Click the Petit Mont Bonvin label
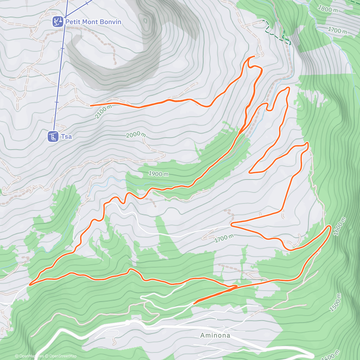[x=93, y=22]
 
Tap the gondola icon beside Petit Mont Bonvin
[x=58, y=22]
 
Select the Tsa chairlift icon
[x=53, y=136]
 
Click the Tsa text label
[x=67, y=136]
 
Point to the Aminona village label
[x=215, y=335]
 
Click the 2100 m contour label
[x=103, y=112]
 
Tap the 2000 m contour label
[x=136, y=135]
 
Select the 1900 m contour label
[x=158, y=174]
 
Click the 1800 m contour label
[x=328, y=9]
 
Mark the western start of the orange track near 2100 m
[x=91, y=106]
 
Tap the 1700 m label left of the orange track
[x=224, y=238]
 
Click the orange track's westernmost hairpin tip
[x=30, y=284]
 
